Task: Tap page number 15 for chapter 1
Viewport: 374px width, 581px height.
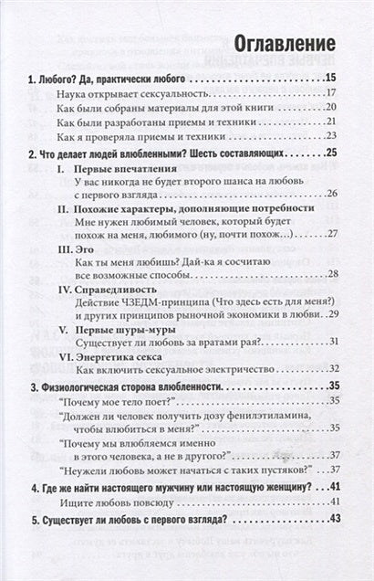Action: [x=331, y=78]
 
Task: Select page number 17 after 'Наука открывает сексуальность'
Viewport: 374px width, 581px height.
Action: [x=332, y=94]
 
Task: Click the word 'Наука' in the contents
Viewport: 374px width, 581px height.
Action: [x=71, y=94]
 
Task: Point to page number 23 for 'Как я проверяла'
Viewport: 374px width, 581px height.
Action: [x=332, y=134]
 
